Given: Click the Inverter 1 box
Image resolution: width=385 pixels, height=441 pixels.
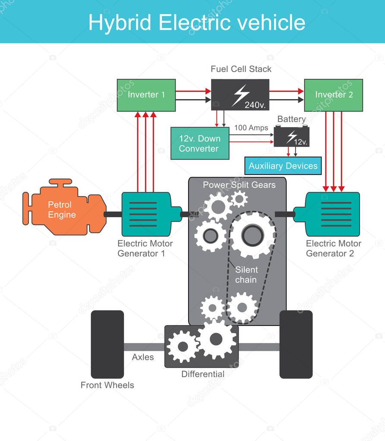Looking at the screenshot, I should pyautogui.click(x=146, y=95).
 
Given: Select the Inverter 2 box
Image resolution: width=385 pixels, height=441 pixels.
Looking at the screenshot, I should pyautogui.click(x=333, y=95).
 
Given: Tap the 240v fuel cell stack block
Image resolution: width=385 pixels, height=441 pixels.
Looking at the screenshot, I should pyautogui.click(x=240, y=95).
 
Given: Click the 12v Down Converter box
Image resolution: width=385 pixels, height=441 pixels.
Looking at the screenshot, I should pyautogui.click(x=199, y=144).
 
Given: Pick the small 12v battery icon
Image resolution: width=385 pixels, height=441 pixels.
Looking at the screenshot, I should pyautogui.click(x=291, y=137).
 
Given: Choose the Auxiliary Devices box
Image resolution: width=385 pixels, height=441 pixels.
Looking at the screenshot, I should pyautogui.click(x=283, y=166).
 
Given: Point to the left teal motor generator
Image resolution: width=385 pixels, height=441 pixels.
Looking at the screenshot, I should pyautogui.click(x=147, y=214).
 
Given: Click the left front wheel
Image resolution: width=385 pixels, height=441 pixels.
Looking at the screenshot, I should pyautogui.click(x=107, y=344).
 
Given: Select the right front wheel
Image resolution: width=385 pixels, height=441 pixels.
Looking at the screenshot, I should pyautogui.click(x=296, y=344).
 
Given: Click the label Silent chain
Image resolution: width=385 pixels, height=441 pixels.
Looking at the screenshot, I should pyautogui.click(x=246, y=275).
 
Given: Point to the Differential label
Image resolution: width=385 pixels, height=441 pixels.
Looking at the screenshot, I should pyautogui.click(x=202, y=374).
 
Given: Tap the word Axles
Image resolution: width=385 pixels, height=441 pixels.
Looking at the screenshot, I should pyautogui.click(x=143, y=357).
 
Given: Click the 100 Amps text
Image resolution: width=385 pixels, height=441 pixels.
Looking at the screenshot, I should pyautogui.click(x=251, y=128).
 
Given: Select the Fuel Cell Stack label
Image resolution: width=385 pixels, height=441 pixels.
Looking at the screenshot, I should pyautogui.click(x=241, y=69).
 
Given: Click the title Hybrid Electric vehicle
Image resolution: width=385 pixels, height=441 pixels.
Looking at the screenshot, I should pyautogui.click(x=197, y=22).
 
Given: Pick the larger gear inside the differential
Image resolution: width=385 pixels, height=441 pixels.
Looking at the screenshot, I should pyautogui.click(x=217, y=339).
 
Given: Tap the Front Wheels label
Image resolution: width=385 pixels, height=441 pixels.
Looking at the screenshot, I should pyautogui.click(x=107, y=385).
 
